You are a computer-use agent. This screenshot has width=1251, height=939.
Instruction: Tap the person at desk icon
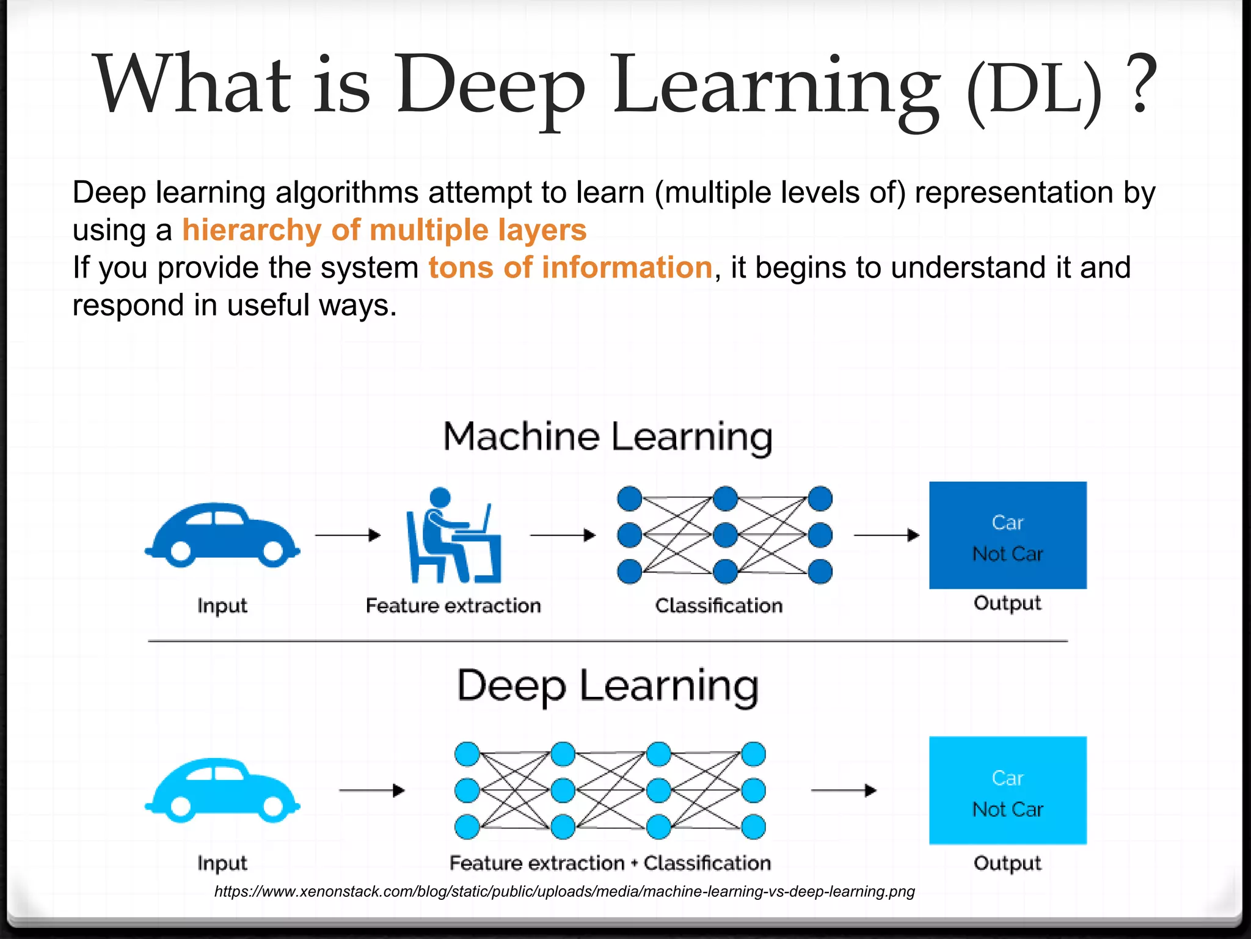(453, 536)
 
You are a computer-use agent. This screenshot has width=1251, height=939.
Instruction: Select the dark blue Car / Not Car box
(1007, 536)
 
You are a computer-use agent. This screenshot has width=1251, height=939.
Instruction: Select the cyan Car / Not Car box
(1007, 790)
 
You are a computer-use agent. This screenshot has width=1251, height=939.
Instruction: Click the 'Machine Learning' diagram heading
(608, 437)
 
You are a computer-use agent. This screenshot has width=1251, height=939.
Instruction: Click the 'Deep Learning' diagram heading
(608, 686)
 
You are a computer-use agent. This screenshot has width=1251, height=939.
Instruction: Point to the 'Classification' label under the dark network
(718, 606)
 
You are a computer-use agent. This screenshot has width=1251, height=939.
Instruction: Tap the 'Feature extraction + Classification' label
(610, 863)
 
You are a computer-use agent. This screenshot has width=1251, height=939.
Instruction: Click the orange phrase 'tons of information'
(570, 268)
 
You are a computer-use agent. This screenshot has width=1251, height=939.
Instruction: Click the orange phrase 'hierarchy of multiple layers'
(384, 230)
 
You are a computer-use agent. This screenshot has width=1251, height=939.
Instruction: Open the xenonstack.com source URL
(564, 891)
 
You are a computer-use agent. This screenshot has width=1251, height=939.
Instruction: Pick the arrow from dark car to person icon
(348, 536)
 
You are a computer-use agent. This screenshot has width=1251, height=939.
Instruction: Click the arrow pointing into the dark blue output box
(886, 536)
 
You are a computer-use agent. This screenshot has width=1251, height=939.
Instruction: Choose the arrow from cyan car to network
(371, 790)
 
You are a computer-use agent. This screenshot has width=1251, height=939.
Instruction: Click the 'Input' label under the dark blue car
(222, 606)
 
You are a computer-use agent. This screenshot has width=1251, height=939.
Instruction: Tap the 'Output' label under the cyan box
(1007, 863)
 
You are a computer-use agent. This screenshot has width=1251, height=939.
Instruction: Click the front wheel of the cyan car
(273, 808)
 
